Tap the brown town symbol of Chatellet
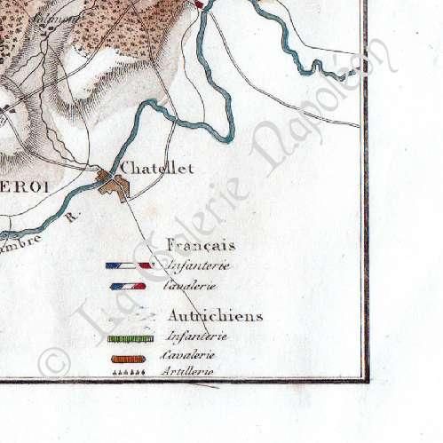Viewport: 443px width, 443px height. click(x=114, y=186)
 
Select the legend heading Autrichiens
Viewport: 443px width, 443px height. click(x=214, y=315)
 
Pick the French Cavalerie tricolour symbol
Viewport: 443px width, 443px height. click(x=129, y=287)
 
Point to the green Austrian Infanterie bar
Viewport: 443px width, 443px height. click(x=131, y=337)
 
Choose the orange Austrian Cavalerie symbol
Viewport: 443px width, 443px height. click(x=131, y=358)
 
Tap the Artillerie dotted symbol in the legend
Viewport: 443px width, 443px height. click(x=131, y=374)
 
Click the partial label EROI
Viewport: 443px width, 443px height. click(x=22, y=186)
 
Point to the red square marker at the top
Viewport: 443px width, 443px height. click(x=200, y=4)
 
